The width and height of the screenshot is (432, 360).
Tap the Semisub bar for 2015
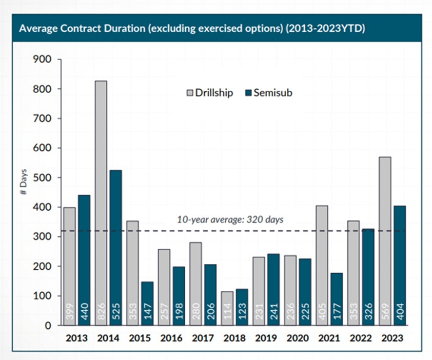[147, 298]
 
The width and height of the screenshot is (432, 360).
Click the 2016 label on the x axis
[171, 338]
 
